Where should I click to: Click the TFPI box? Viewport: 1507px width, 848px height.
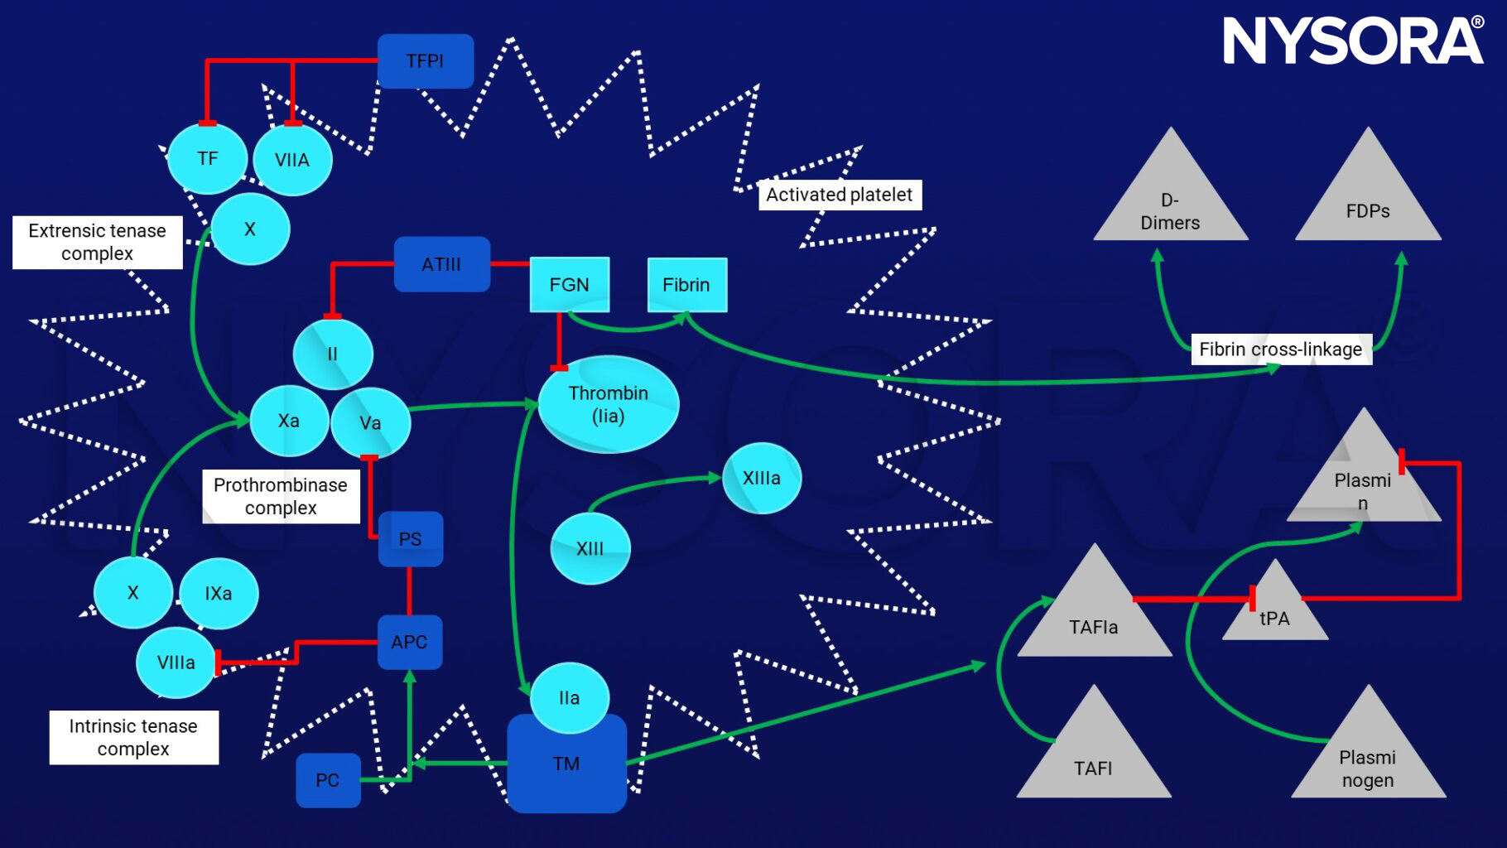[426, 61]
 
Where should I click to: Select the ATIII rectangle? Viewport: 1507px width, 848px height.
[441, 265]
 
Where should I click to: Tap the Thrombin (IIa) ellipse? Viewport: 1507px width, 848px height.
[609, 405]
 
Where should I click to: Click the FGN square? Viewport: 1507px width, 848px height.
[570, 285]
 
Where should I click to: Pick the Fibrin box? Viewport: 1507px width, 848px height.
[686, 285]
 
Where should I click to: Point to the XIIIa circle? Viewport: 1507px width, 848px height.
[761, 478]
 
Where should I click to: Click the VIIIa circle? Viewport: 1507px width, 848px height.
[176, 662]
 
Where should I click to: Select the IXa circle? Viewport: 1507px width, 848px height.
[219, 593]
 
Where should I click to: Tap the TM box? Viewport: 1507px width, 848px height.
[566, 764]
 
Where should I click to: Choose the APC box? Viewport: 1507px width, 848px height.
[410, 642]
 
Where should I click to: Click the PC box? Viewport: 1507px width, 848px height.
[328, 780]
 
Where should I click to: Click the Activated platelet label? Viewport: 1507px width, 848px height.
[839, 195]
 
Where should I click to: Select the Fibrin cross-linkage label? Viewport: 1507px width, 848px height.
[1280, 349]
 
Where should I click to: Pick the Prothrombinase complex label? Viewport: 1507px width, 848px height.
[281, 496]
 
